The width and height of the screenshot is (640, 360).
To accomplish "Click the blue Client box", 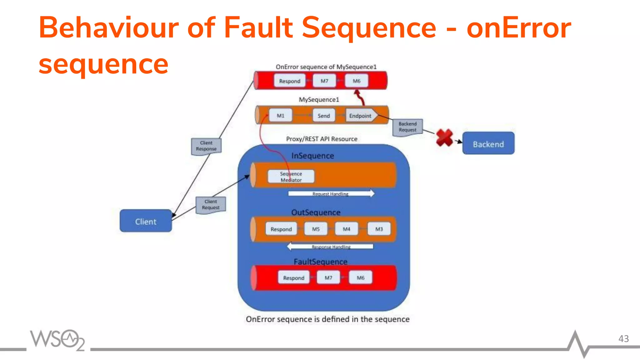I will (146, 221).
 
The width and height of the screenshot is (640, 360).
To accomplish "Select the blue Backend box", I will (488, 143).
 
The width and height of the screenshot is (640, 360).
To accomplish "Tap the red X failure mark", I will (444, 138).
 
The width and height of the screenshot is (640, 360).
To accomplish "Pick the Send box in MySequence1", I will (324, 115).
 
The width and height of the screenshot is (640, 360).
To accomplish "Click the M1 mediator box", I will (280, 115).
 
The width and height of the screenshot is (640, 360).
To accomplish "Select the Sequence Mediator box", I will (291, 177).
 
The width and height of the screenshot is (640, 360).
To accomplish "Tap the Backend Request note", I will (407, 127).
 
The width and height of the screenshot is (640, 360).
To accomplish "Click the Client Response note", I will (206, 146).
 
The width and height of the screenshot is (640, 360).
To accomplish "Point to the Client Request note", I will (211, 205).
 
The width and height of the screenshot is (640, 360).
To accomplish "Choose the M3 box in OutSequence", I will (379, 229).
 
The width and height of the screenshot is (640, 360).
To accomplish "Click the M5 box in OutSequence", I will (316, 229).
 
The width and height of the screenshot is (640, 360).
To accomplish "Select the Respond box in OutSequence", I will (281, 229).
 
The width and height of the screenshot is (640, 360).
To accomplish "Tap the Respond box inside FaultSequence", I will (293, 277).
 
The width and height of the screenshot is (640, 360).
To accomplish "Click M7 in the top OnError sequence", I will (324, 81).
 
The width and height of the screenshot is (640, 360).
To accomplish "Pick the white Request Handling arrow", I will (331, 193).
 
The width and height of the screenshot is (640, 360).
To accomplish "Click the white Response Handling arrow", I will (330, 247).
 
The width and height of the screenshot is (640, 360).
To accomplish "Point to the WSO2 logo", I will (57, 340).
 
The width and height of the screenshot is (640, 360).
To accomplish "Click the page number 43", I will (623, 338).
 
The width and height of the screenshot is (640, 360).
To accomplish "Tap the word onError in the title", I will (518, 28).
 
